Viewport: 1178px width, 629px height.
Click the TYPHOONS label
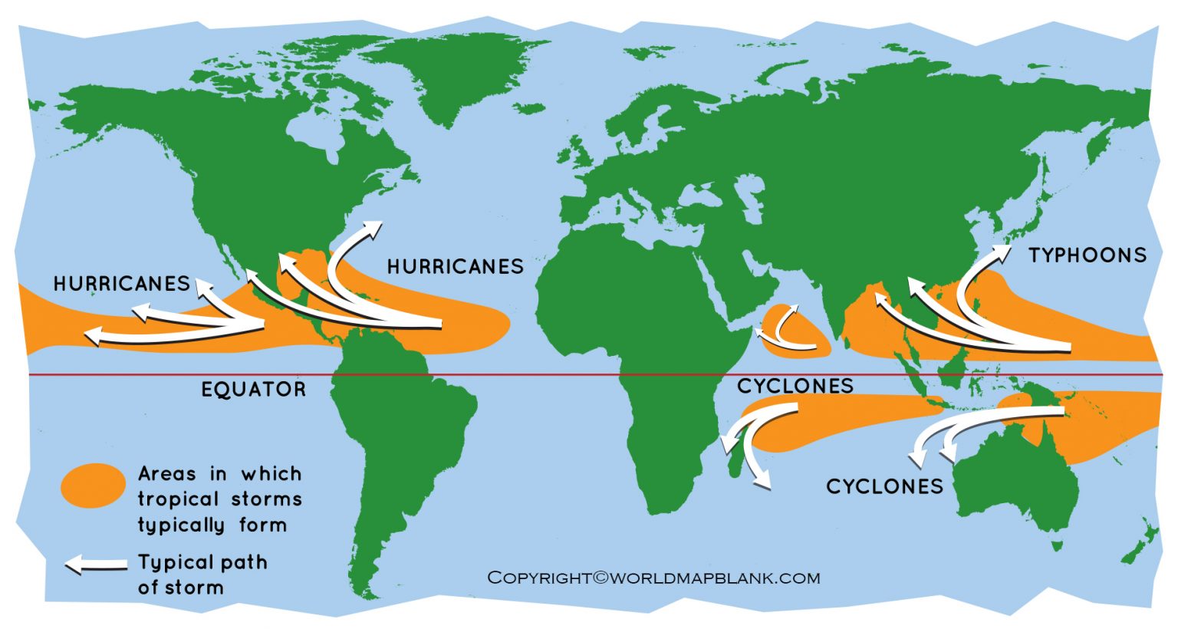pos(1087,255)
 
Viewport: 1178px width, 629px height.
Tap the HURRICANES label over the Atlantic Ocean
pos(455,267)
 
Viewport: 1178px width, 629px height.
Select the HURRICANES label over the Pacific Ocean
pos(121,284)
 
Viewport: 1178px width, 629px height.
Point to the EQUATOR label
pos(253,390)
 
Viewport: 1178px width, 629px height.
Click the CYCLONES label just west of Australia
pos(884,486)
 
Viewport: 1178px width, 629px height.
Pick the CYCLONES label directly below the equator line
pos(795,386)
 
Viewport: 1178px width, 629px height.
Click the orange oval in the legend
pos(93,486)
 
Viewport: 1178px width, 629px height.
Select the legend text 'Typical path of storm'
pos(202,575)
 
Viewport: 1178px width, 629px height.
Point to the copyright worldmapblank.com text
pos(653,578)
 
